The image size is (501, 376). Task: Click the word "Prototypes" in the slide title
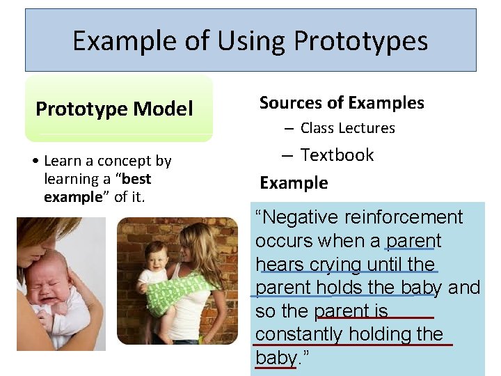[361, 42]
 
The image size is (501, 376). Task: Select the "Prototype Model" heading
[114, 109]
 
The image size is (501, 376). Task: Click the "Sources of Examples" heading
[342, 103]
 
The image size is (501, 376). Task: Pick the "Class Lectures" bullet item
[347, 128]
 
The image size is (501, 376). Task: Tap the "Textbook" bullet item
[337, 155]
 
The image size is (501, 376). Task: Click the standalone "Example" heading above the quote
[294, 183]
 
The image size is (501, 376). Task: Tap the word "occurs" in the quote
[284, 241]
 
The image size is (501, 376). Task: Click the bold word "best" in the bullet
[135, 179]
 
